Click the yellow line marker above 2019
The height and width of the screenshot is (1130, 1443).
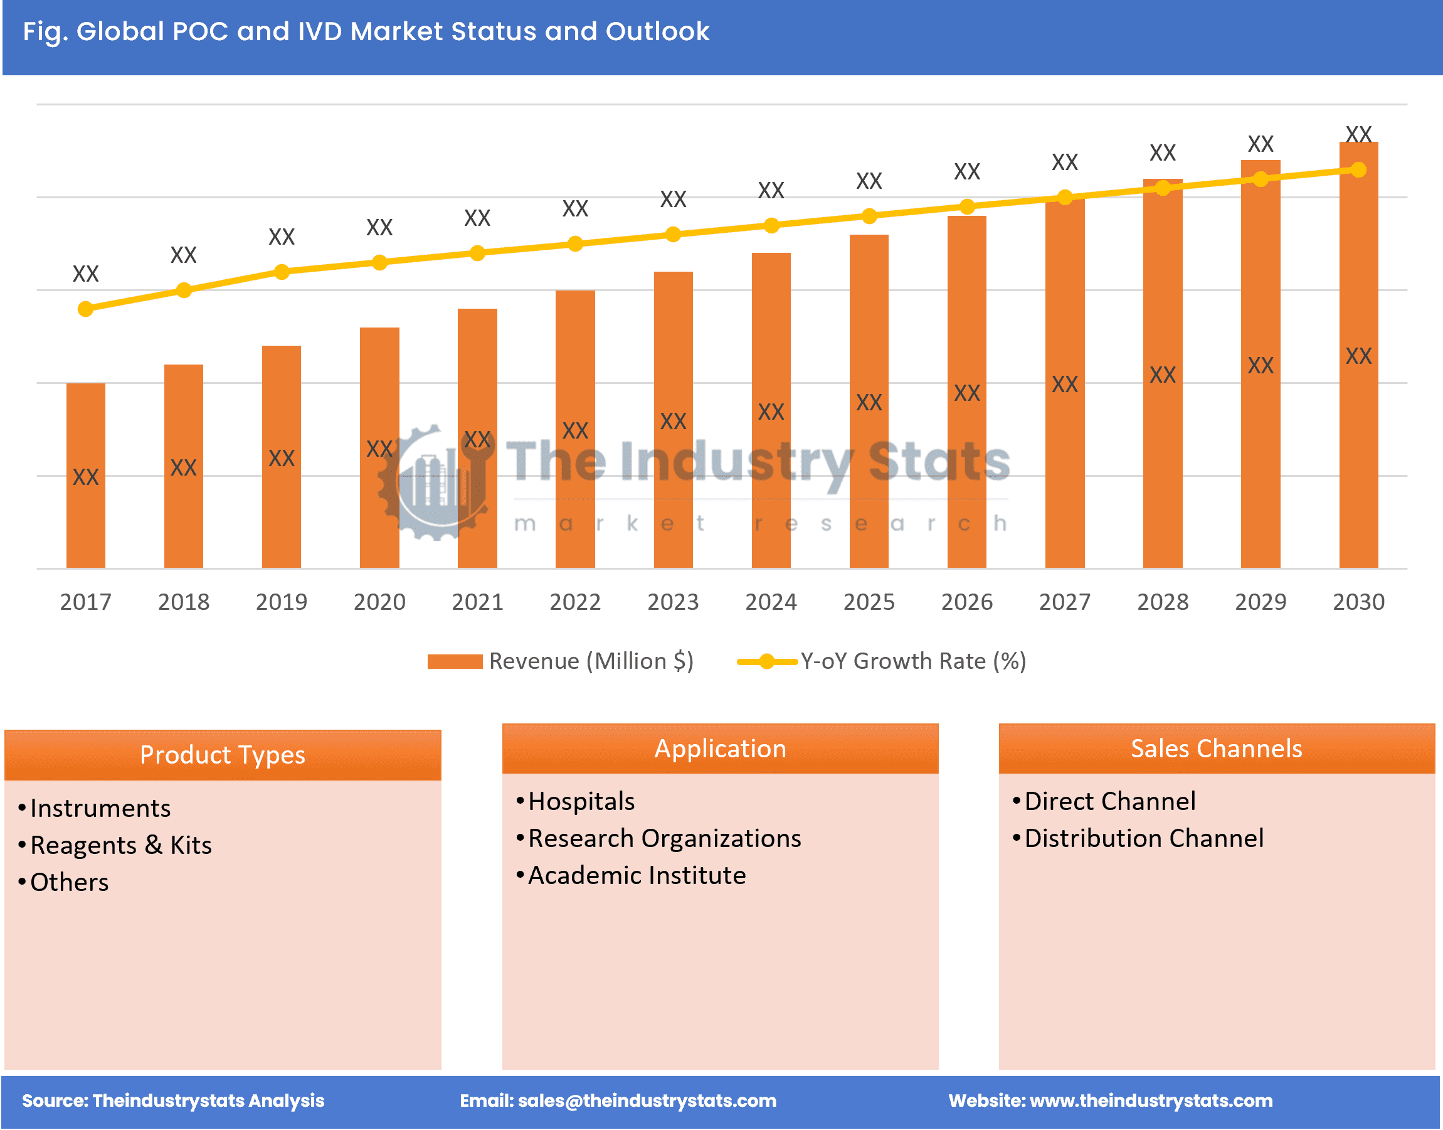[x=282, y=272]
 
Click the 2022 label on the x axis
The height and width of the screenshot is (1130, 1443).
[x=574, y=601]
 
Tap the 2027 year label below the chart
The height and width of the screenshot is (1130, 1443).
[x=1064, y=601]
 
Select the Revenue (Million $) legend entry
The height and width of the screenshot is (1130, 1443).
[x=561, y=661]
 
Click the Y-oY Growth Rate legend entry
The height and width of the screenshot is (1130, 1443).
[x=882, y=661]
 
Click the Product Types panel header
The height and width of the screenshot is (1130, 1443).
[x=222, y=755]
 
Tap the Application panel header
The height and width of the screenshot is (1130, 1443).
[x=719, y=749]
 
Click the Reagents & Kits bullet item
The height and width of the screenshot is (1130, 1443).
[x=120, y=845]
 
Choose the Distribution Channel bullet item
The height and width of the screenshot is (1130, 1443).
[x=1143, y=838]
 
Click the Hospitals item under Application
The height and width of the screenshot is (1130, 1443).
[x=581, y=801]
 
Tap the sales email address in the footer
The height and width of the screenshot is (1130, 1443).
[x=646, y=1101]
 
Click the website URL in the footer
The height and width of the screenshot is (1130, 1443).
[x=1151, y=1101]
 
